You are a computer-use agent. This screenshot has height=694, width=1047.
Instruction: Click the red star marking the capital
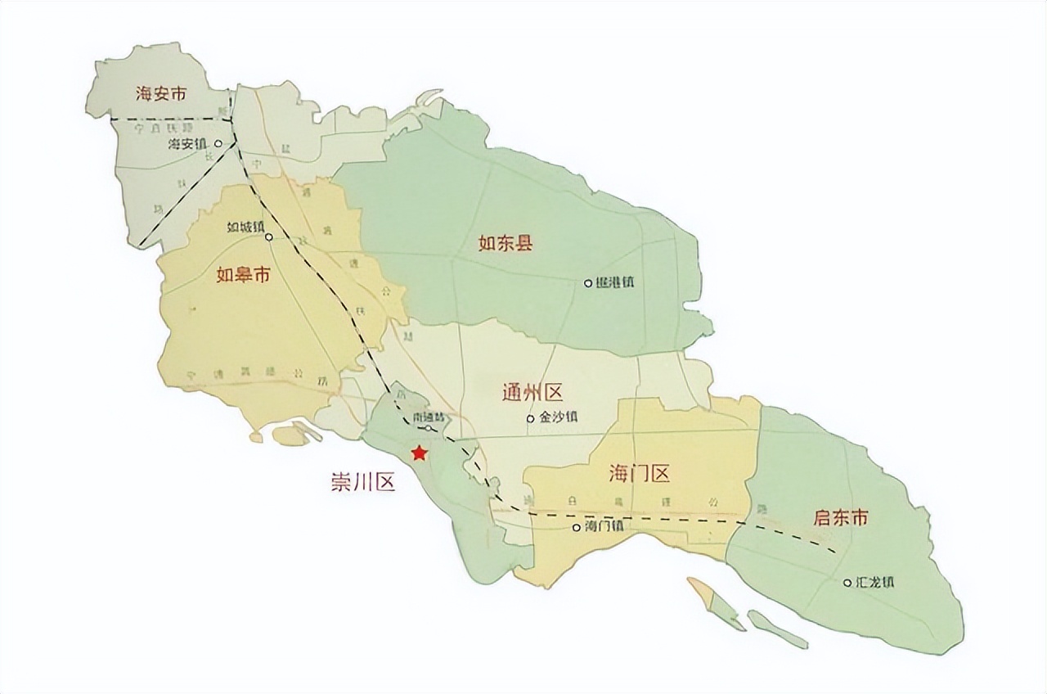click(419, 453)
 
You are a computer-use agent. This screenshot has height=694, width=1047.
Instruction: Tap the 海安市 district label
click(161, 94)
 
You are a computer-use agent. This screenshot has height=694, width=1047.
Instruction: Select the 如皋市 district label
click(243, 275)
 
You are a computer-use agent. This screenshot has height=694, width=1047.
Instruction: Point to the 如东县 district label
click(506, 242)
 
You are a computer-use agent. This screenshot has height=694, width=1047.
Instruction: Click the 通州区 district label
click(532, 394)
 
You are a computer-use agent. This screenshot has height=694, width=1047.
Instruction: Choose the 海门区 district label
click(639, 473)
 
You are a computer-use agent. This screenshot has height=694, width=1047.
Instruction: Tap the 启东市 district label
click(840, 517)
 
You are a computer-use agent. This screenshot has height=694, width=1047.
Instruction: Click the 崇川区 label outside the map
click(362, 482)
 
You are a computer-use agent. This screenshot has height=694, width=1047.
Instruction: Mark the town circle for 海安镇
click(217, 143)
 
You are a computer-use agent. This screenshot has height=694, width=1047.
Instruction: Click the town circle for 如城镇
click(269, 238)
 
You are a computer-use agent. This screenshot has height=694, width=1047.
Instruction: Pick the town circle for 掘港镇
click(587, 283)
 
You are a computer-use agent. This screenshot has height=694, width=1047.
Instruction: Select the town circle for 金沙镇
click(530, 418)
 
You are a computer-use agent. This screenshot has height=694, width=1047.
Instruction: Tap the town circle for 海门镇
click(576, 527)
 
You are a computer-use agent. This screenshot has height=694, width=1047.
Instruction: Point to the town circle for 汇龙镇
click(847, 583)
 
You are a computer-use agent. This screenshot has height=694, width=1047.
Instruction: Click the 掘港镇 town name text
click(614, 282)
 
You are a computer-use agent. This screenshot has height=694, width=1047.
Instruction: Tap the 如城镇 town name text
click(245, 227)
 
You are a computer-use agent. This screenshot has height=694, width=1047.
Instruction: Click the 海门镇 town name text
click(604, 526)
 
